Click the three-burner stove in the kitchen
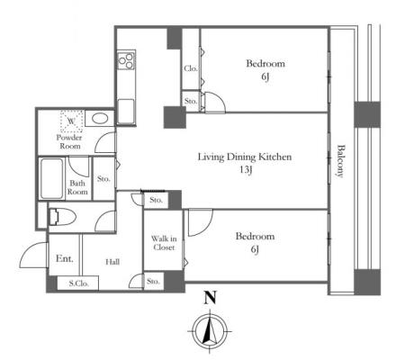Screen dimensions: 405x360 pos(126,60)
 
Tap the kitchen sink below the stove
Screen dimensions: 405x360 pos(126,111)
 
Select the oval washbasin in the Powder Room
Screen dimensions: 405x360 pos(100,118)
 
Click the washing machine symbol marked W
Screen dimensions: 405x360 pos(71,121)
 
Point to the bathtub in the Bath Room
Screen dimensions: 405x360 pos(52,178)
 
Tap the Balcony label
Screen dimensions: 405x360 pos(340,161)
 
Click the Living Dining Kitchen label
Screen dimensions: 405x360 pos(245,157)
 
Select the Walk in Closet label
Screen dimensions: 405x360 pos(164,243)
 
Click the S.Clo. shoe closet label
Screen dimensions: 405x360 pos(78,283)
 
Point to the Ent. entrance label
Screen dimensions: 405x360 pos(65,258)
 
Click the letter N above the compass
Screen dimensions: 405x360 pos(210,298)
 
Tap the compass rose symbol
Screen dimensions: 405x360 pos(210,331)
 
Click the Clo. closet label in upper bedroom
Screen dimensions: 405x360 pos(191,68)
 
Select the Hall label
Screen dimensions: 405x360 pos(112,262)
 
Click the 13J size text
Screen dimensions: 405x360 pos(246,170)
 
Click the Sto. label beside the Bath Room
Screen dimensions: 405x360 pos(103,179)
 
